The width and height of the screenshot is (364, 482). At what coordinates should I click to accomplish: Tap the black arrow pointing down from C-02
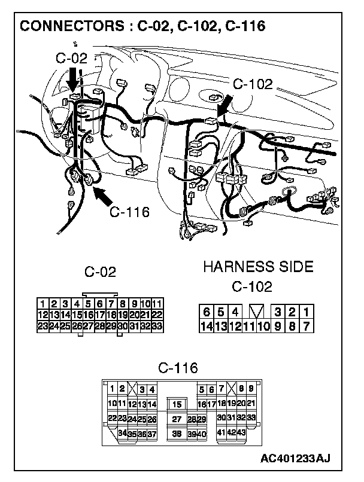(x=73, y=80)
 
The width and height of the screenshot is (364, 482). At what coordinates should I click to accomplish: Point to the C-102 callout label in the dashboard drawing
(x=252, y=84)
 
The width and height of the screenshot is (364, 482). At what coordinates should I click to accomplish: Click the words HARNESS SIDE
(x=258, y=267)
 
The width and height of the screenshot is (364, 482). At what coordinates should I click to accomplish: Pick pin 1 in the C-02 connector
(x=43, y=304)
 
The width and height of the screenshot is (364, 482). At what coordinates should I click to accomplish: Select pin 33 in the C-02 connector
(x=157, y=327)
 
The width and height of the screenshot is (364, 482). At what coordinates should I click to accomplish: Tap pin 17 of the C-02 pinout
(x=100, y=315)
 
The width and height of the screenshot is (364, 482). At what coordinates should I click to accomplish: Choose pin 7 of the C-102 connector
(x=306, y=327)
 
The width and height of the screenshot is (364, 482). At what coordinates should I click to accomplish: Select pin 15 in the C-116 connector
(x=177, y=404)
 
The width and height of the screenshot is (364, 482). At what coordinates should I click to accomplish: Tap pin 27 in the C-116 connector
(x=176, y=419)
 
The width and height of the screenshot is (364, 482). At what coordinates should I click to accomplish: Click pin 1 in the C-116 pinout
(x=112, y=389)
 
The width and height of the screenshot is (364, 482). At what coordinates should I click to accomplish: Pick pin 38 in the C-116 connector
(x=176, y=433)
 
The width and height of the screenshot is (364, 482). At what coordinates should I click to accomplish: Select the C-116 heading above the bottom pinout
(x=178, y=367)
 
